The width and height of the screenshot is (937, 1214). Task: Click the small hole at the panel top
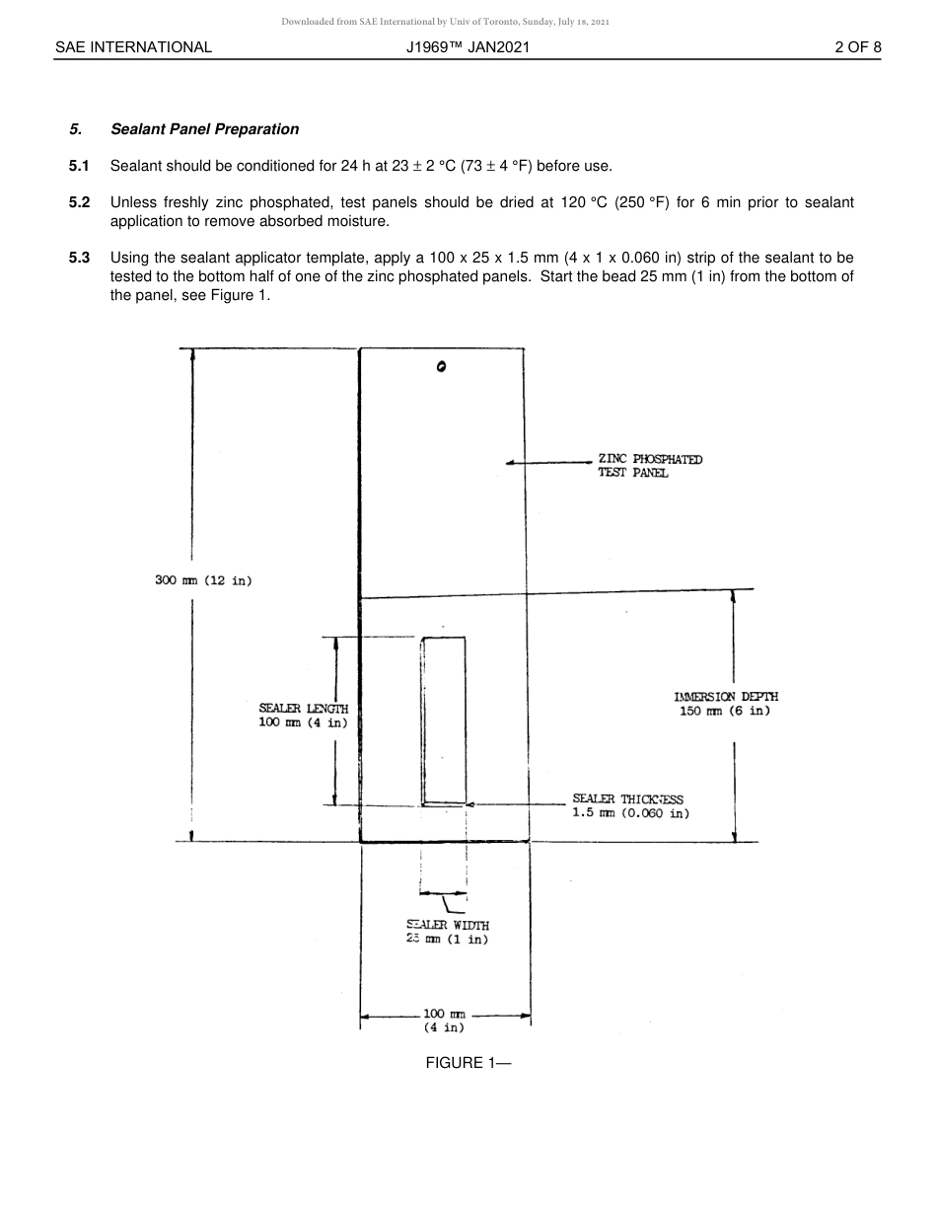tap(441, 367)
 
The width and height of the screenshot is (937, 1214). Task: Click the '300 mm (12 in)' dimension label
tap(203, 580)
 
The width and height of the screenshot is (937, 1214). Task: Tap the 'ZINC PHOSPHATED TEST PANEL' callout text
tap(649, 466)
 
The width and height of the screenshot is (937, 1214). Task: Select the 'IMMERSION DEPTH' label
tap(726, 697)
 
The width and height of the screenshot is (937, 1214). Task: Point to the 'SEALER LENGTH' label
tap(304, 709)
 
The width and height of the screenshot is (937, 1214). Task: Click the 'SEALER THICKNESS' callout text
tap(627, 799)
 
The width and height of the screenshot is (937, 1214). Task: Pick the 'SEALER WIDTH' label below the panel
tap(448, 926)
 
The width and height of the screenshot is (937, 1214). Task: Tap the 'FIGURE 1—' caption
tap(468, 1063)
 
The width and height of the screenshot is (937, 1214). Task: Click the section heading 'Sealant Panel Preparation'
tap(204, 129)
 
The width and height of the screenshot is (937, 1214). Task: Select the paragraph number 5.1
tap(79, 166)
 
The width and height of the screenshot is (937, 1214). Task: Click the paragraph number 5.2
tap(79, 202)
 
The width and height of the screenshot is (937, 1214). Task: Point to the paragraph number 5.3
tap(79, 259)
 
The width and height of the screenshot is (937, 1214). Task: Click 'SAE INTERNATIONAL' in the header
tap(133, 47)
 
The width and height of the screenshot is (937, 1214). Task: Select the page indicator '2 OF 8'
tap(857, 47)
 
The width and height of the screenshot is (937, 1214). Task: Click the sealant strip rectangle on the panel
tap(444, 721)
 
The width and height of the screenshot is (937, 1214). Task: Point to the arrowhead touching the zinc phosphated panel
tap(510, 462)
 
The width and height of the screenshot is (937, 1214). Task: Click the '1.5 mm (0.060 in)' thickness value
tap(630, 814)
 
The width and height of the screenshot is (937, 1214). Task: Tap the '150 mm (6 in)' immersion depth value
tap(725, 712)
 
